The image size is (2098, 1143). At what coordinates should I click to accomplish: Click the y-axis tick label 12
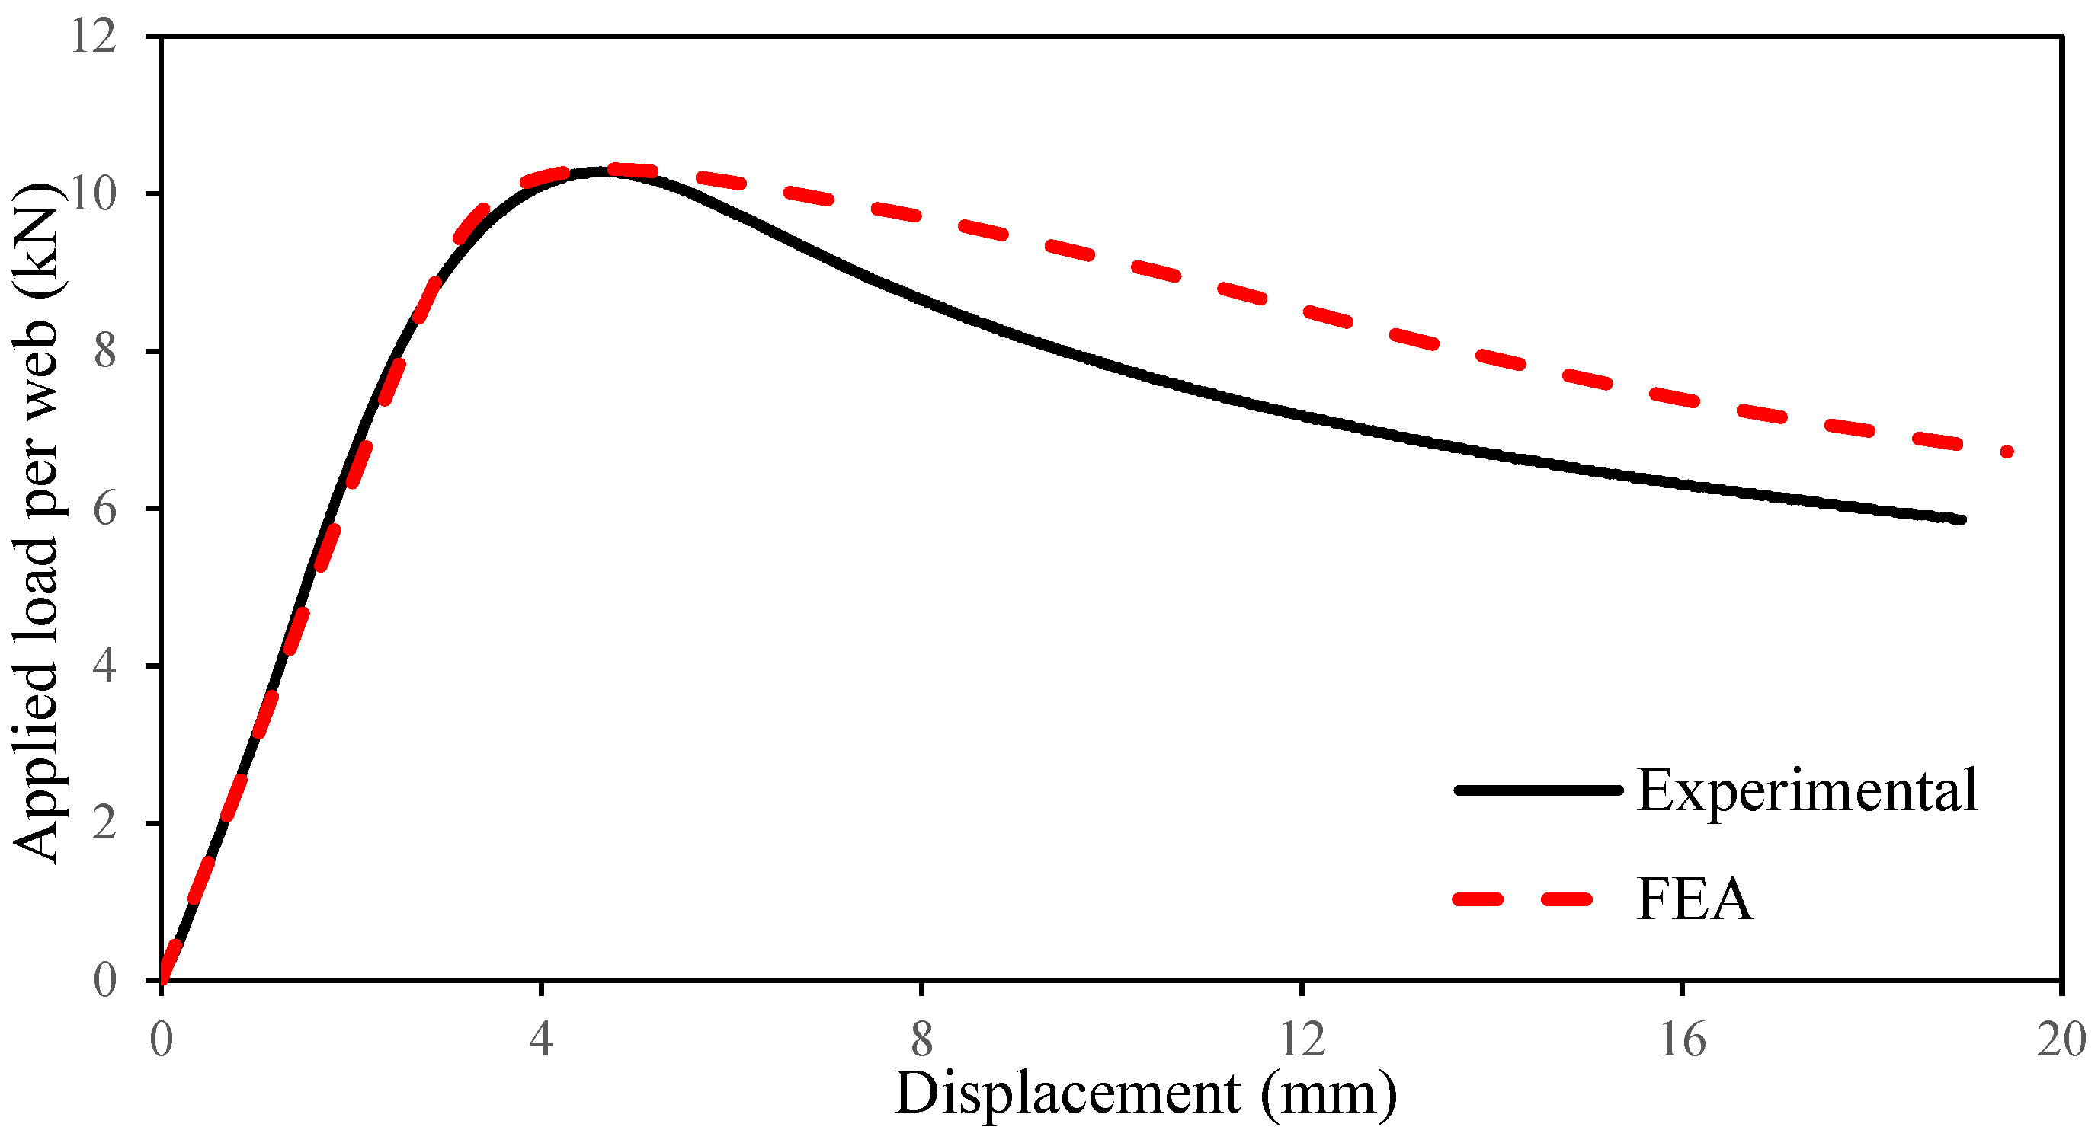click(x=94, y=37)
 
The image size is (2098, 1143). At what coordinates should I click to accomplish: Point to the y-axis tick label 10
click(x=94, y=195)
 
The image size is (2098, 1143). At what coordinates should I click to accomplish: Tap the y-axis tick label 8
click(x=106, y=352)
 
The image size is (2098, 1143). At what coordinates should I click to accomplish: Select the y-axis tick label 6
click(x=106, y=509)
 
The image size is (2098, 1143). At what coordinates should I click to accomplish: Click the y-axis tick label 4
click(x=106, y=666)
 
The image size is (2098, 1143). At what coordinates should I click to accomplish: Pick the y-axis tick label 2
click(x=106, y=823)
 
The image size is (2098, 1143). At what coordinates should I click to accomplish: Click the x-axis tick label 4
click(x=541, y=1039)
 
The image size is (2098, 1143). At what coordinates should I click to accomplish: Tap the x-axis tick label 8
click(x=921, y=1039)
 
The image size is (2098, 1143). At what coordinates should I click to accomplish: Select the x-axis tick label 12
click(x=1302, y=1039)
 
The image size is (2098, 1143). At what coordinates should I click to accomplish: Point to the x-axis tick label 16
click(x=1683, y=1039)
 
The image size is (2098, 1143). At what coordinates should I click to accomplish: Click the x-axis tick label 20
click(x=2061, y=1039)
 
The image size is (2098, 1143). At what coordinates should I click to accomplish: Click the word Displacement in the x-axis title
click(x=1068, y=1094)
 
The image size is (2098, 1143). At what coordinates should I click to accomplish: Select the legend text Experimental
click(x=1806, y=790)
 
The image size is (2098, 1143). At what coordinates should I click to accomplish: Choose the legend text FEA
click(x=1694, y=899)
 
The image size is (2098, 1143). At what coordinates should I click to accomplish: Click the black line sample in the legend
click(x=1538, y=790)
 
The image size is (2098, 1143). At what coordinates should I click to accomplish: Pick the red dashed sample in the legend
click(x=1523, y=899)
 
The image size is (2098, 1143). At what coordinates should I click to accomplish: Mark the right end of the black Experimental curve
click(x=1962, y=519)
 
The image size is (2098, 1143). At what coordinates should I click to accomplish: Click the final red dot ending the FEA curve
click(x=2007, y=452)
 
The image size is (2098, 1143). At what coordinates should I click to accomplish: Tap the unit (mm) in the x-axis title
click(x=1328, y=1094)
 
